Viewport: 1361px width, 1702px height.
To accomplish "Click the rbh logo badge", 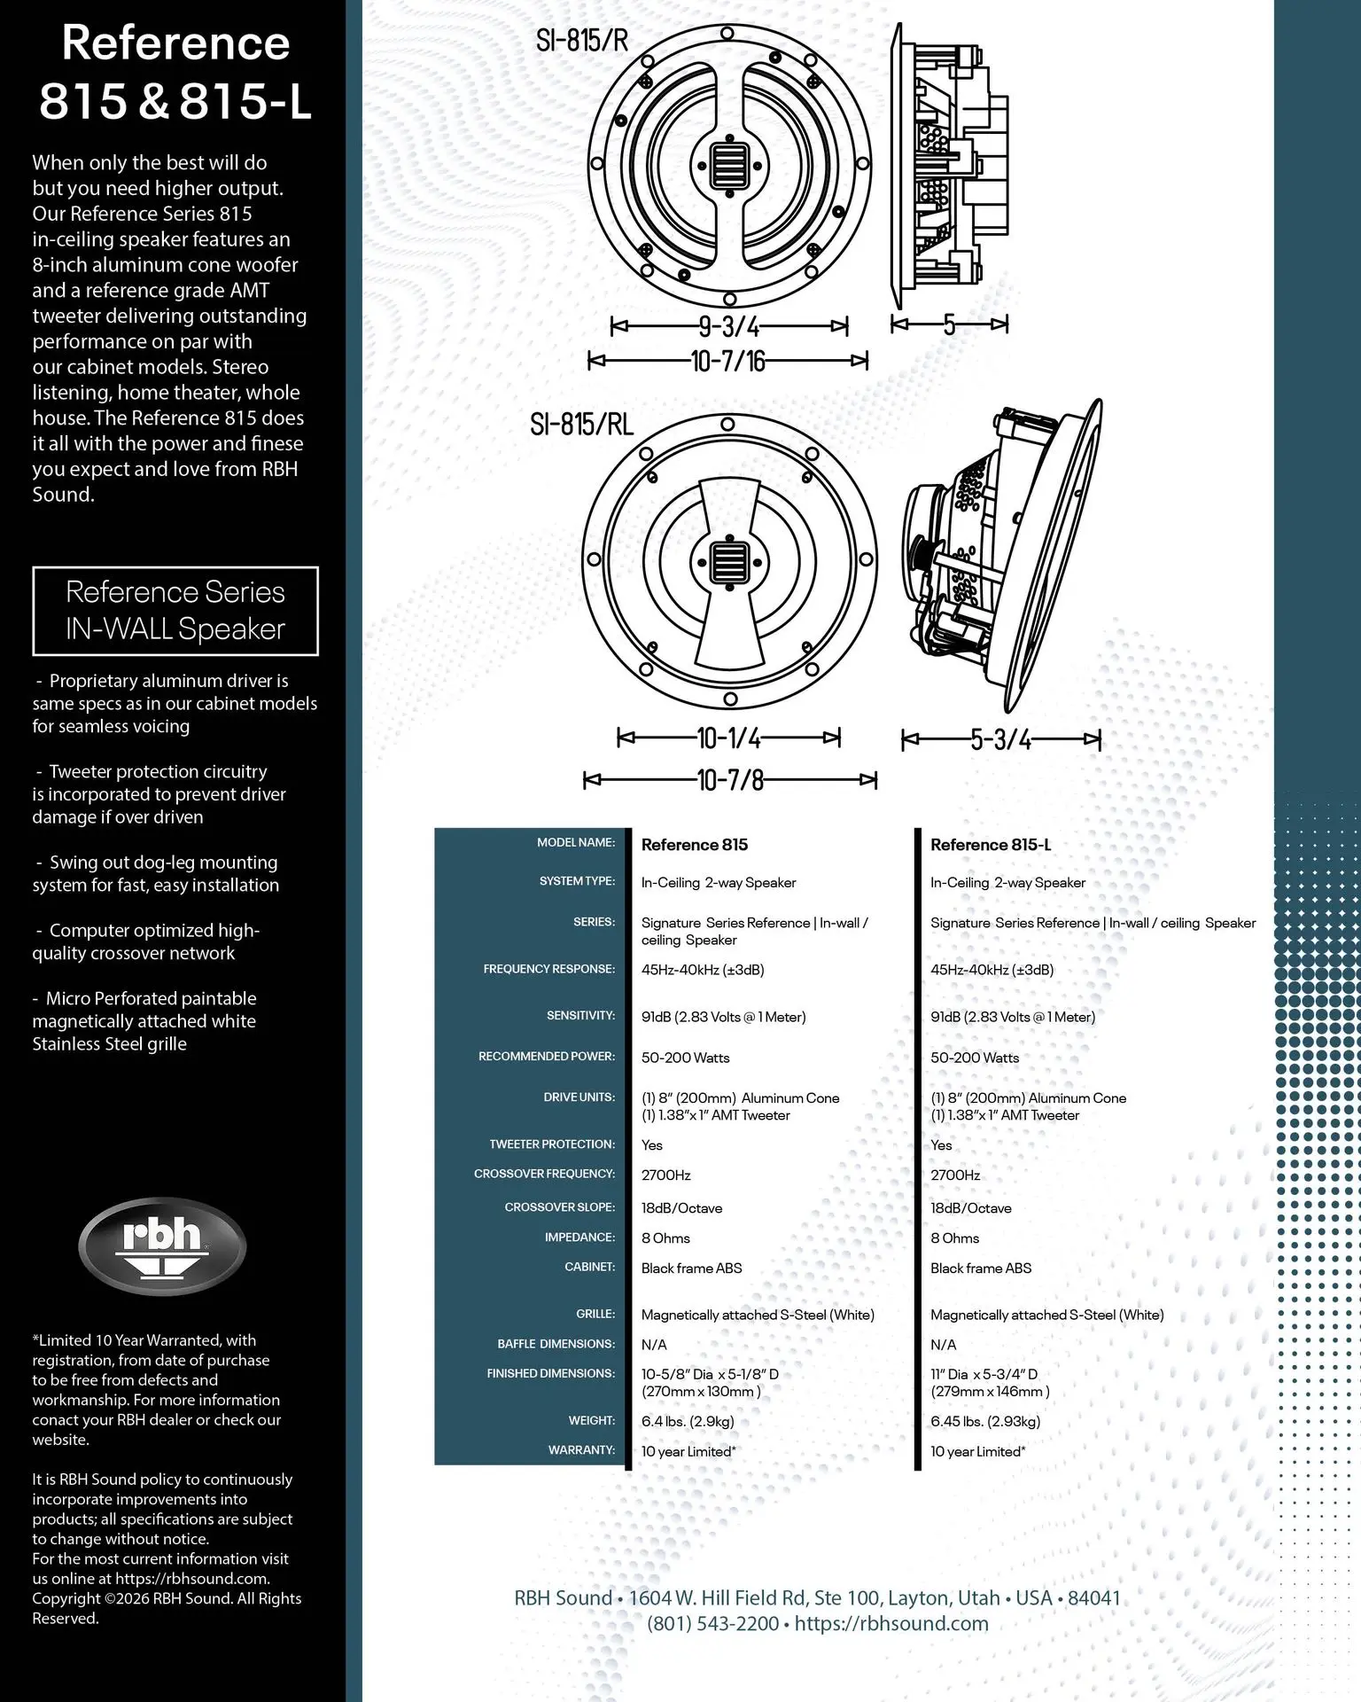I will pos(162,1245).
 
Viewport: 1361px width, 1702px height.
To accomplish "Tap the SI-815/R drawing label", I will pos(582,40).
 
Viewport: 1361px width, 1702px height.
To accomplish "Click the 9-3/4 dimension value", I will pos(729,327).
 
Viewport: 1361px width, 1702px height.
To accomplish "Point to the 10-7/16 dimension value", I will pos(727,361).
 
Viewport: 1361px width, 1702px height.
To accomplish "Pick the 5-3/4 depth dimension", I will pos(1001,739).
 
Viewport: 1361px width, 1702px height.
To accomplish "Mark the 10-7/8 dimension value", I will pos(730,780).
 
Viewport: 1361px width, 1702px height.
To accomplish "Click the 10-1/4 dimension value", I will pos(729,738).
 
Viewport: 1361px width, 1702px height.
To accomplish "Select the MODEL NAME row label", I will pos(576,842).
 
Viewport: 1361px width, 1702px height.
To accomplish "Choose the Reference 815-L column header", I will pos(991,845).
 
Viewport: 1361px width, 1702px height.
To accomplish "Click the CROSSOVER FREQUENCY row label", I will pos(544,1174).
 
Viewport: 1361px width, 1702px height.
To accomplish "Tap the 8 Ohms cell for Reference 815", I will pos(665,1238).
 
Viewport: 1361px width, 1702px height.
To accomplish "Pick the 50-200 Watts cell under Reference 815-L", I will pos(975,1058).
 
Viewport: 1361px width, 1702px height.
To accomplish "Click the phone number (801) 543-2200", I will pos(712,1624).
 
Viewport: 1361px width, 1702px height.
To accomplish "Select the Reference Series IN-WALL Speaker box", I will pos(175,611).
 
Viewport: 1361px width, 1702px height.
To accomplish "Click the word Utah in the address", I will pos(979,1598).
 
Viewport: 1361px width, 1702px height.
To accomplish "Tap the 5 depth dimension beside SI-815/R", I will pos(949,325).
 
